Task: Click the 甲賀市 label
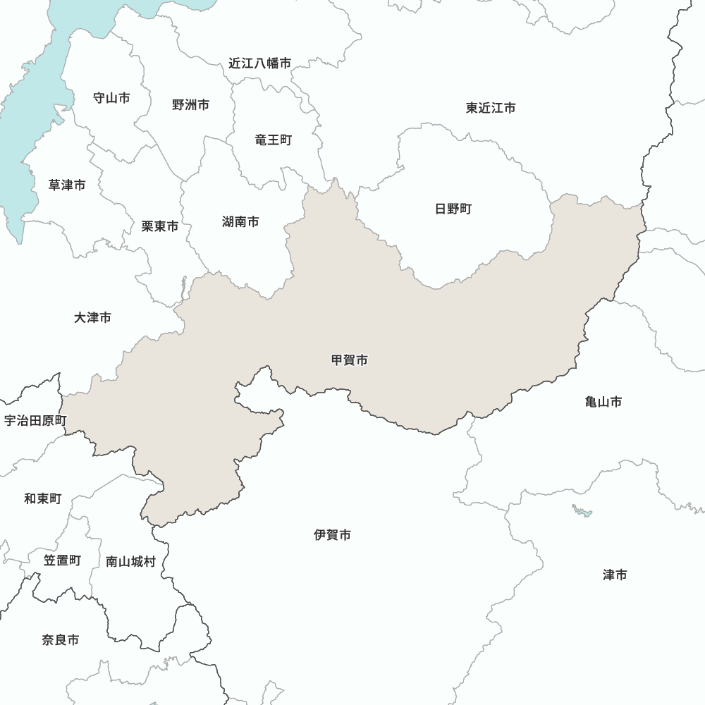(x=350, y=360)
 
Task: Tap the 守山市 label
(x=111, y=98)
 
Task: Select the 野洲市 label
(x=190, y=105)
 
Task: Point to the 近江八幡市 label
(x=259, y=63)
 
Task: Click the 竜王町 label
(x=273, y=140)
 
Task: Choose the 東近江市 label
(x=491, y=108)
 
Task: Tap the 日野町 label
(x=453, y=209)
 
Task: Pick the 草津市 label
(x=67, y=185)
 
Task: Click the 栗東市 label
(x=160, y=226)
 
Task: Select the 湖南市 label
(x=240, y=222)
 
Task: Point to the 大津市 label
(x=92, y=318)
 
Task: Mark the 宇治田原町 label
(x=35, y=421)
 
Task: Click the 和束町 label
(x=43, y=499)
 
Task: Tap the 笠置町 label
(x=62, y=560)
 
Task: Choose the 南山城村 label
(x=130, y=561)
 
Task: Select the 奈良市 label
(x=61, y=640)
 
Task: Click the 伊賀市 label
(x=333, y=535)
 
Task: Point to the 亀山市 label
(x=603, y=402)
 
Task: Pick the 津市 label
(x=615, y=575)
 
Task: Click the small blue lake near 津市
(x=582, y=510)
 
